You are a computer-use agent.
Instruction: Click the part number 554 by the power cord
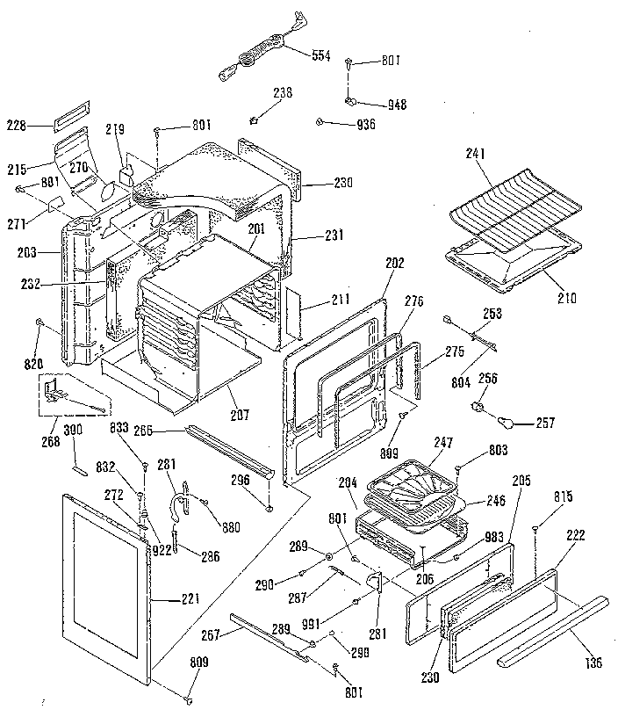click(x=321, y=55)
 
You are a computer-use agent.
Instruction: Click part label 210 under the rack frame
click(x=566, y=298)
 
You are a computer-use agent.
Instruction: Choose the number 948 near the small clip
click(x=397, y=105)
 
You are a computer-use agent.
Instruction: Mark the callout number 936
click(x=365, y=125)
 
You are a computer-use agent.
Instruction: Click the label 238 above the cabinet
click(x=283, y=92)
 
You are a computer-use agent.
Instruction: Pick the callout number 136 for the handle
click(x=594, y=663)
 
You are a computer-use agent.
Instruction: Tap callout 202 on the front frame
click(x=395, y=261)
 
